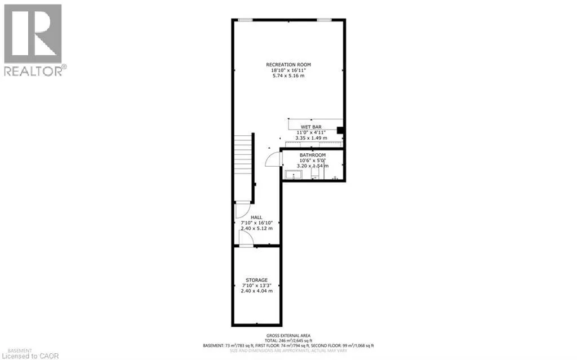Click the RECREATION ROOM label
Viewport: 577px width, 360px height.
pyautogui.click(x=288, y=65)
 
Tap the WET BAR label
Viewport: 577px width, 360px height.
pyautogui.click(x=310, y=126)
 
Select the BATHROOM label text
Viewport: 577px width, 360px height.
pyautogui.click(x=312, y=155)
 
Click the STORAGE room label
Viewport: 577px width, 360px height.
pyautogui.click(x=256, y=280)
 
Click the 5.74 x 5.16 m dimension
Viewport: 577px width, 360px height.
pyautogui.click(x=288, y=75)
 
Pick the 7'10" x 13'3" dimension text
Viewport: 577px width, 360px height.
pyautogui.click(x=256, y=286)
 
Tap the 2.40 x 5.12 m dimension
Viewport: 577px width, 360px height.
pyautogui.click(x=256, y=228)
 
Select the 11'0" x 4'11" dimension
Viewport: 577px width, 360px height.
pyautogui.click(x=310, y=132)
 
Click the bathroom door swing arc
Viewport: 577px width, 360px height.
pyautogui.click(x=274, y=159)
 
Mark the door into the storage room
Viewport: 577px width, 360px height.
pyautogui.click(x=246, y=239)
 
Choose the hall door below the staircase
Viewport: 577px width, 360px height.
pyautogui.click(x=241, y=210)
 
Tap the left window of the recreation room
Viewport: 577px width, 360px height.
pyautogui.click(x=245, y=20)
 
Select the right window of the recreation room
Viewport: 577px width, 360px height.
pyautogui.click(x=324, y=20)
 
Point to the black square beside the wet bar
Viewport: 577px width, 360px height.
pyautogui.click(x=340, y=131)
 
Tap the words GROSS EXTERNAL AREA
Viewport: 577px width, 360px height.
pyautogui.click(x=289, y=335)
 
